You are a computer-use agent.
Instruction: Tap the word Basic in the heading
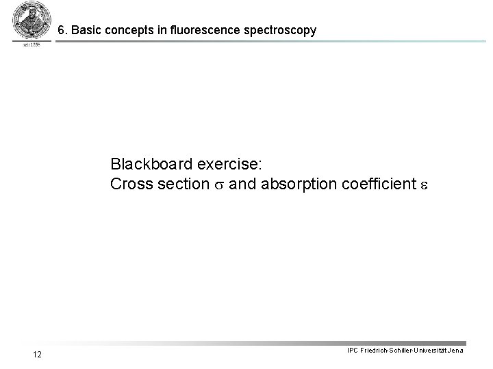click(85, 31)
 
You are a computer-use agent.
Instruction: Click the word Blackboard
click(151, 165)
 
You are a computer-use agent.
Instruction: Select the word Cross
click(131, 184)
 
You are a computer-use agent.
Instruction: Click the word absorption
click(291, 184)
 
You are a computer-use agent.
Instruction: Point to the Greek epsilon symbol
click(423, 185)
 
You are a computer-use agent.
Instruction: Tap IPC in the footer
click(353, 351)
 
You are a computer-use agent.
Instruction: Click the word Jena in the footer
click(456, 351)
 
